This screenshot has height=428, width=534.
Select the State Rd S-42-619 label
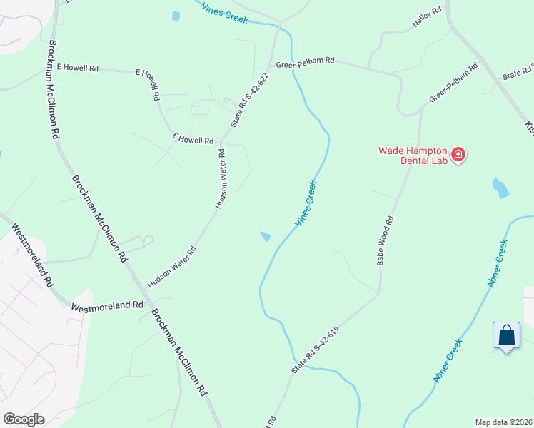[319, 345]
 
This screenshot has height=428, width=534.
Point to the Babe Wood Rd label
[385, 241]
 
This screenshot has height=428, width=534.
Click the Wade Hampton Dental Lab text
[412, 156]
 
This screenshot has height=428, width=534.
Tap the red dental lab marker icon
[458, 154]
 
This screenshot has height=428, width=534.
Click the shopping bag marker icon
[506, 335]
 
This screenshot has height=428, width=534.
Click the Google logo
[24, 419]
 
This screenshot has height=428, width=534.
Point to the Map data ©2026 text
[503, 422]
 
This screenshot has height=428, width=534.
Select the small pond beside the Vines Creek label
[266, 236]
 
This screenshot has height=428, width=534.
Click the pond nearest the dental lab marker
[500, 188]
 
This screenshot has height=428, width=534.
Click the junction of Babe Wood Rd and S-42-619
[378, 294]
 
